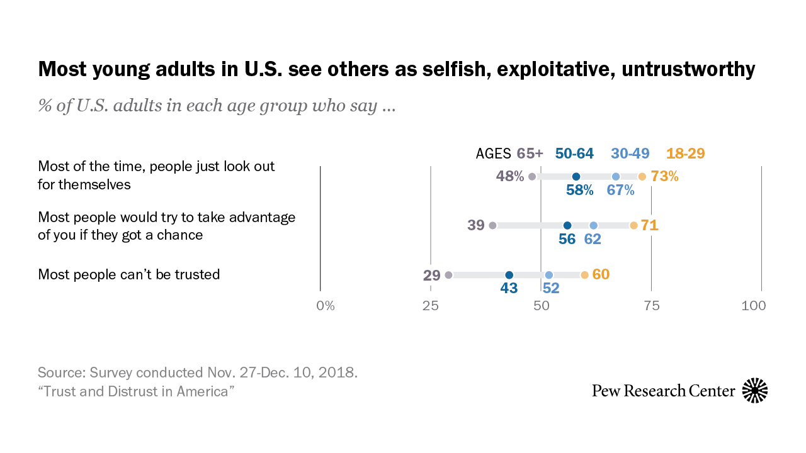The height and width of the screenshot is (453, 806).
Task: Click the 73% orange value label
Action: click(x=664, y=176)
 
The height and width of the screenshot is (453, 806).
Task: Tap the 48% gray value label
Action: click(x=510, y=176)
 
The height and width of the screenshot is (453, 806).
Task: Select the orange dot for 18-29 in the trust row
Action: click(x=584, y=275)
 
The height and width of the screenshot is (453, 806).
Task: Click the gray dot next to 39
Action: click(x=492, y=225)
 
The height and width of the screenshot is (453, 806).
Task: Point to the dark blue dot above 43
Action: click(x=509, y=275)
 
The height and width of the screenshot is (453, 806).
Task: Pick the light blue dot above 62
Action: click(x=593, y=225)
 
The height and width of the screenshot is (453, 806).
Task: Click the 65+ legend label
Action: click(x=530, y=154)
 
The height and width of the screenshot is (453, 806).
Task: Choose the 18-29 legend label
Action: click(x=686, y=154)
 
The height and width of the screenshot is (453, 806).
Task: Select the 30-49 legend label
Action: click(x=630, y=154)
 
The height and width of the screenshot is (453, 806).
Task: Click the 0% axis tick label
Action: click(x=325, y=306)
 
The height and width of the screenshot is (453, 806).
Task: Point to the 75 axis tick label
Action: click(x=651, y=306)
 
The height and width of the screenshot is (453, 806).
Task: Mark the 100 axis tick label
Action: click(x=754, y=306)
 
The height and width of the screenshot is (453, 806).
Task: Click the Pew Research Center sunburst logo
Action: click(x=755, y=391)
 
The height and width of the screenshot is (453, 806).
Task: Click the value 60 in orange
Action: click(x=601, y=274)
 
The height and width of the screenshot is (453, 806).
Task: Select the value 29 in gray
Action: click(x=431, y=275)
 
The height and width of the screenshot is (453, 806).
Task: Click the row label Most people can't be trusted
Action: click(x=129, y=274)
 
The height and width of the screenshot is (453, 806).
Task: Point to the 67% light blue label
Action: click(x=620, y=190)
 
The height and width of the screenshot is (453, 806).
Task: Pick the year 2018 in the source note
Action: click(x=340, y=372)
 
